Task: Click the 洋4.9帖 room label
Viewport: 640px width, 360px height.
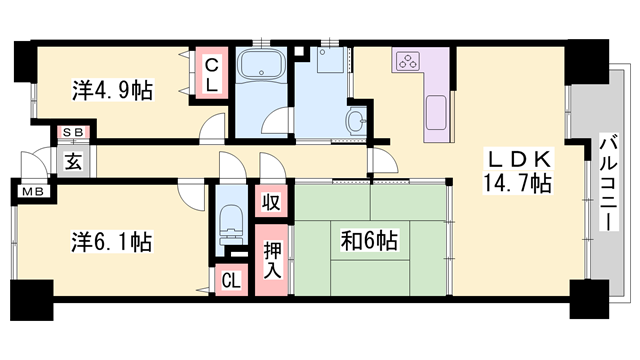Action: (111, 90)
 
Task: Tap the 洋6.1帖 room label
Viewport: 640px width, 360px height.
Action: (111, 241)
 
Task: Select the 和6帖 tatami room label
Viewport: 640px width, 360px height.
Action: (369, 241)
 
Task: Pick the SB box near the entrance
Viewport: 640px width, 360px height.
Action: (72, 132)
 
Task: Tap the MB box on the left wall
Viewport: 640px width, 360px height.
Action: (32, 190)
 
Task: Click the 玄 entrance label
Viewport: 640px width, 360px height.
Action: (74, 159)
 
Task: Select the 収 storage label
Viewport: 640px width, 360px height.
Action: (271, 200)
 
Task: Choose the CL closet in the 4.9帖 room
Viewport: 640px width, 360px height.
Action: (213, 74)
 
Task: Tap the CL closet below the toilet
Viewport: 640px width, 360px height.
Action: (230, 280)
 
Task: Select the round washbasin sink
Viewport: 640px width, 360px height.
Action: (356, 124)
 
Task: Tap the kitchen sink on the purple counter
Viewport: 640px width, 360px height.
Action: (438, 113)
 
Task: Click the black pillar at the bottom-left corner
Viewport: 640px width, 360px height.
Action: (30, 299)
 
